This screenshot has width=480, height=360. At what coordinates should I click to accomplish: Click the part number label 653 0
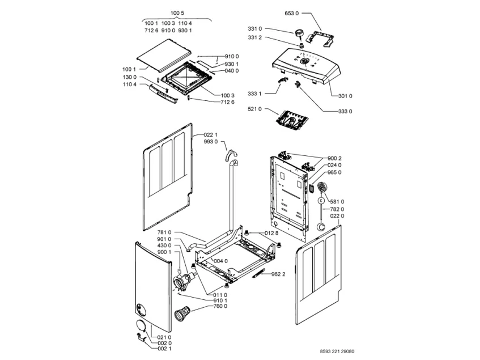tap(291, 12)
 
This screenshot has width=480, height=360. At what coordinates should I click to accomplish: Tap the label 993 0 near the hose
tap(210, 142)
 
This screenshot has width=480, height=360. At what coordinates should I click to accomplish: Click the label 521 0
tap(254, 108)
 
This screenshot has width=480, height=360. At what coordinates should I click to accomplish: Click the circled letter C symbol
tap(321, 200)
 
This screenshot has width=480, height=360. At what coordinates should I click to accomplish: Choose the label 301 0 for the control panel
tap(345, 96)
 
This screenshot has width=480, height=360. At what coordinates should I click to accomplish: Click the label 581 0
tap(337, 201)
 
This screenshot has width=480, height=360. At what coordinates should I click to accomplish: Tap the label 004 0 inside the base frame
tap(220, 261)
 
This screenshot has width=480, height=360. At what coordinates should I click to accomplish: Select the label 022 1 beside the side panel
tap(210, 134)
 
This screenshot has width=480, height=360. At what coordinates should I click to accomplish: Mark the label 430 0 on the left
tap(164, 245)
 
